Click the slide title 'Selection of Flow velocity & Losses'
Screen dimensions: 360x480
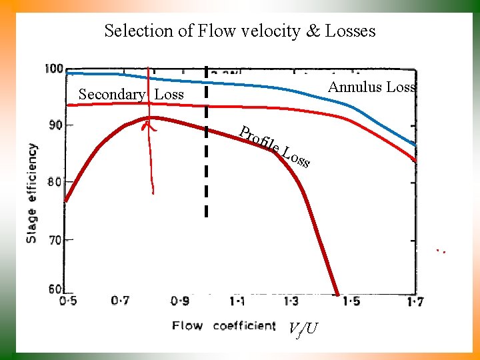coord(240,31)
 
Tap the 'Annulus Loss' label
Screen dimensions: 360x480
coord(372,87)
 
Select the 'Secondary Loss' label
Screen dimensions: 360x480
coord(131,95)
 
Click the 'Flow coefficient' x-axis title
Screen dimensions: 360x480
coord(223,325)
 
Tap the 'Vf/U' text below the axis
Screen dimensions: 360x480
coord(303,328)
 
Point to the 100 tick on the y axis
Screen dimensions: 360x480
coord(54,69)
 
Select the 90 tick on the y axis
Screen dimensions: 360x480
coord(56,125)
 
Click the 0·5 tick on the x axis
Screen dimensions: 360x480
coord(67,301)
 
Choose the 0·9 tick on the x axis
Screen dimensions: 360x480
coord(179,301)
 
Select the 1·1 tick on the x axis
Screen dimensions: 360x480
coord(237,301)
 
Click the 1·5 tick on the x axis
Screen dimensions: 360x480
coord(351,301)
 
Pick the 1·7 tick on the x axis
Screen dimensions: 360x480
coord(414,301)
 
